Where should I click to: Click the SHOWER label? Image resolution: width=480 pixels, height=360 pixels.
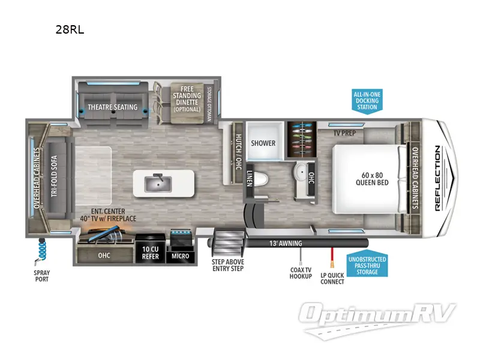[263, 143]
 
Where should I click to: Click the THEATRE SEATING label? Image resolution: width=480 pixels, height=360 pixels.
[113, 107]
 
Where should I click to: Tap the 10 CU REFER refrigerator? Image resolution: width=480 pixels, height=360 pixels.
[150, 253]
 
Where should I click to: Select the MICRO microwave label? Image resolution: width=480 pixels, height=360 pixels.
[180, 256]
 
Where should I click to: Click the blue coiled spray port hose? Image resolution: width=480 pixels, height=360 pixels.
[43, 249]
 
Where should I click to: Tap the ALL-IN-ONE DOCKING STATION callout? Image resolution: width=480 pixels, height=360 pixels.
[367, 101]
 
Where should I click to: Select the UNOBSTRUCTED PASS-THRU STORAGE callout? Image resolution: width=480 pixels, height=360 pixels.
[367, 264]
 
